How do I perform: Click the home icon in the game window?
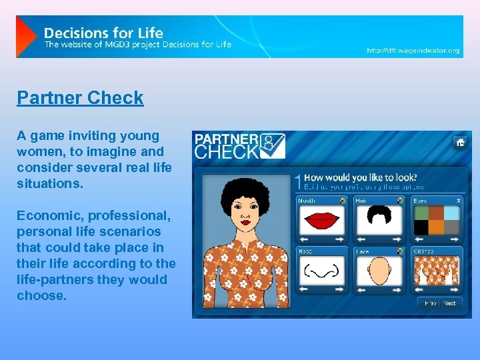(459, 142)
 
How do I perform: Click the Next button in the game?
(450, 303)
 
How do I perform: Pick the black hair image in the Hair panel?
(379, 216)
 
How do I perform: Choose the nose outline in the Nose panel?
(322, 271)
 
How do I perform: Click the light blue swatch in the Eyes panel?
(452, 213)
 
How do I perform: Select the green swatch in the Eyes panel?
(421, 213)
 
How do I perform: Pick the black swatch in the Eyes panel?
(421, 227)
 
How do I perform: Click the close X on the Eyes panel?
(458, 200)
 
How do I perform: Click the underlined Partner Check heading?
(80, 98)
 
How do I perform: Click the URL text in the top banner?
(413, 51)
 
